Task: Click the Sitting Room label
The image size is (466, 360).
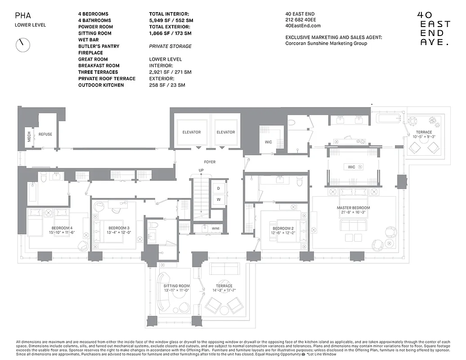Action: [177, 286]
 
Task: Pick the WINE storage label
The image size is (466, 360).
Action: [215, 229]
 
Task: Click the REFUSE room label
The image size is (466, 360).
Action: [45, 134]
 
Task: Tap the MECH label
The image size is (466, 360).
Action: [29, 137]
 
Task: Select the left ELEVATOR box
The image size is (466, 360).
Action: [192, 132]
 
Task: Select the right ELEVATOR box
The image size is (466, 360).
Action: [225, 132]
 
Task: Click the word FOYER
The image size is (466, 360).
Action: [210, 162]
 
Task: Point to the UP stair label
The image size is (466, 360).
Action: [201, 170]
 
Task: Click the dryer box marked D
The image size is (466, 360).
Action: [218, 188]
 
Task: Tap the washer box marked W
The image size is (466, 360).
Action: [218, 199]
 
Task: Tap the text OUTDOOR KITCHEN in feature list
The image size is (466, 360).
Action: [101, 85]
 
